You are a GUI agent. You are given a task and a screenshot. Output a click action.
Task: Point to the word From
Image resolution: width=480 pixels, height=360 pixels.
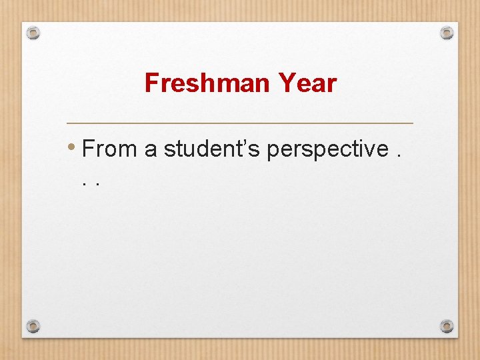pos(109,149)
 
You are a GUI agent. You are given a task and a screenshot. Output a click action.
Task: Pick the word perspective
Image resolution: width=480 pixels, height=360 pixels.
pos(327,149)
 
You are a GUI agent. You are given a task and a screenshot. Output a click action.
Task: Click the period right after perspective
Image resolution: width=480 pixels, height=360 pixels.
pos(399,157)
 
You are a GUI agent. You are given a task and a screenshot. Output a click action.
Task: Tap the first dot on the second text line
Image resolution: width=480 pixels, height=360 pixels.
pos(85,183)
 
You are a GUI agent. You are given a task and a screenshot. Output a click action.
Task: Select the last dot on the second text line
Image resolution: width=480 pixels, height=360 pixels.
pos(98,183)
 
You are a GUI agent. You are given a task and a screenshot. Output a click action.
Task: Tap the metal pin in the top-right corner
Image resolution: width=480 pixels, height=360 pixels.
pos(447,32)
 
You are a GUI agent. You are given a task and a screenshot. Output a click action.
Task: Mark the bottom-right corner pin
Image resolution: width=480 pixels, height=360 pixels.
pos(447,326)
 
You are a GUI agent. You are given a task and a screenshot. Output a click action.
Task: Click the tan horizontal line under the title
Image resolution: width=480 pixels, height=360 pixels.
pos(240,123)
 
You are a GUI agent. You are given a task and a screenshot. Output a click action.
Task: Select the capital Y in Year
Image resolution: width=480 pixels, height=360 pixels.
pos(285,84)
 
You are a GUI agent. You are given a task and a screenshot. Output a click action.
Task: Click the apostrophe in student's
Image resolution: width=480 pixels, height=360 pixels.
pos(249,142)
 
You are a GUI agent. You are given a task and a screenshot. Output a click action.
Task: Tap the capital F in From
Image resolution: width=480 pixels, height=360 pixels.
pos(88,149)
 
